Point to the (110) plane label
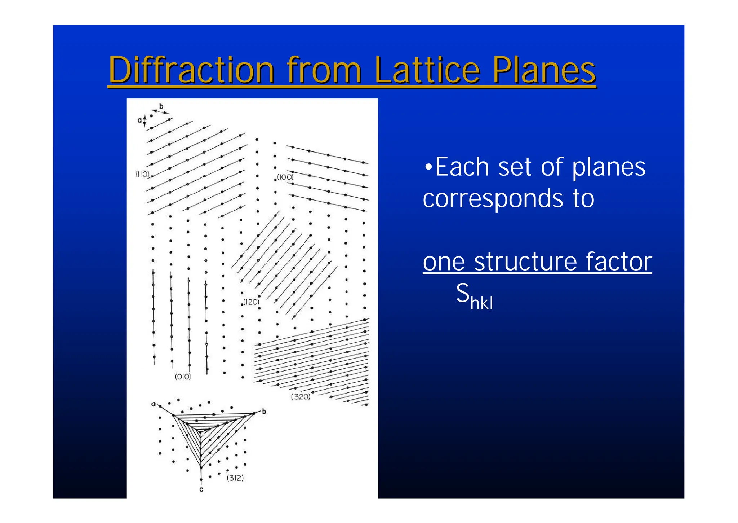(x=142, y=174)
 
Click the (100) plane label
(x=285, y=177)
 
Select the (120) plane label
(x=251, y=302)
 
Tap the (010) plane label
(x=183, y=377)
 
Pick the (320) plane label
(x=300, y=397)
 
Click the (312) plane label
(x=235, y=478)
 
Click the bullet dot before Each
(x=428, y=167)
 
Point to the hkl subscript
(x=481, y=303)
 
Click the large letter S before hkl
(x=463, y=293)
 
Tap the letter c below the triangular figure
(x=201, y=489)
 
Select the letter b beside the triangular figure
(x=264, y=412)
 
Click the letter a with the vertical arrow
(x=139, y=120)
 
